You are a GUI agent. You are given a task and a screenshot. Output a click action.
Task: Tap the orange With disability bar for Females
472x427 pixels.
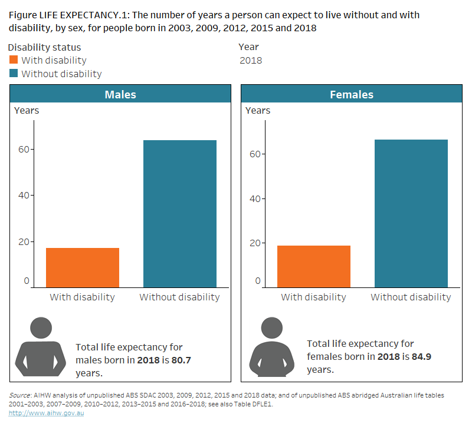coord(313,266)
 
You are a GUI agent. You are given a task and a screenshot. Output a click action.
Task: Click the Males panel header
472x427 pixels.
coord(120,94)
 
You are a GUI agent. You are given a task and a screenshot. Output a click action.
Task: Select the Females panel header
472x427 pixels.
coord(352,94)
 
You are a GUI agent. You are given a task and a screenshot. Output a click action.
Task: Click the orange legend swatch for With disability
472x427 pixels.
coord(14,60)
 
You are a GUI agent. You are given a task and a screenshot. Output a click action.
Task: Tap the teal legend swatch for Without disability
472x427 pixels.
coord(14,74)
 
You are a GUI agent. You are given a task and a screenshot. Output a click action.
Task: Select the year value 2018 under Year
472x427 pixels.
coord(251,60)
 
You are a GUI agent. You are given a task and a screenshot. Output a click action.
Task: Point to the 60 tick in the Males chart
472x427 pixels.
coord(24,150)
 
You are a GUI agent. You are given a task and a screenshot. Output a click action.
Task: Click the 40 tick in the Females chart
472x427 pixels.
coord(255,198)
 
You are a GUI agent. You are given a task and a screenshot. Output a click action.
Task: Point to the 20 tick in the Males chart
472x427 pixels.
coord(24,241)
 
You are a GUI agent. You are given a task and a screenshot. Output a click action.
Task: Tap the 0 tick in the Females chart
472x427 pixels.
coord(258,281)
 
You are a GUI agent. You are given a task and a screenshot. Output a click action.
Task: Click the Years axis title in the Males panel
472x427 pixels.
coord(27,110)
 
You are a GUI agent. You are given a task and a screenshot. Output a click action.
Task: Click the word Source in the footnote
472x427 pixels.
coord(19,395)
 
